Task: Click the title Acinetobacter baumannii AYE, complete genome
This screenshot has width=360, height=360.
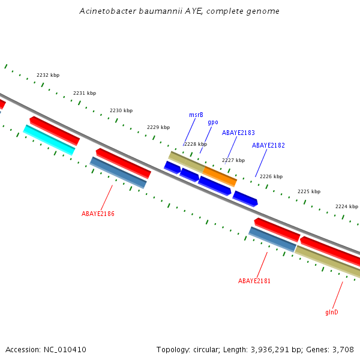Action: [179, 11]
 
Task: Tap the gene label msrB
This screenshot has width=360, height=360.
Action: [196, 115]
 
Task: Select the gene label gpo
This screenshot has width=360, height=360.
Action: [213, 122]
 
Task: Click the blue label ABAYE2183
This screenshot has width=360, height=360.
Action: [238, 133]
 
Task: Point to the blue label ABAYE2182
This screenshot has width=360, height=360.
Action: [268, 146]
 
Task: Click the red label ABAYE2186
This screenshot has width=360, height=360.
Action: [98, 214]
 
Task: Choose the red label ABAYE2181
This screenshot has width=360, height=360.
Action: [254, 281]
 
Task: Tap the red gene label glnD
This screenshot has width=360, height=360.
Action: [332, 312]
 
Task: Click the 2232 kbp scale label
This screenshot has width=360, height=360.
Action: [48, 76]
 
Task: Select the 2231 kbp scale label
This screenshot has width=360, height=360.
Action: [85, 93]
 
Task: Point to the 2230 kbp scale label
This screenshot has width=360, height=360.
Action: [121, 111]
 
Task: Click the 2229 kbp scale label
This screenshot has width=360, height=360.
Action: [158, 127]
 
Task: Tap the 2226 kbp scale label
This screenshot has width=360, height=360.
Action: [271, 177]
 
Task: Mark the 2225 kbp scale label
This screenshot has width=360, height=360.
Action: [309, 192]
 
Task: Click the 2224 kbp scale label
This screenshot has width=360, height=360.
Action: [347, 206]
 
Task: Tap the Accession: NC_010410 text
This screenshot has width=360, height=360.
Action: [46, 349]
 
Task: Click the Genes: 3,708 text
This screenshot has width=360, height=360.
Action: [333, 349]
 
